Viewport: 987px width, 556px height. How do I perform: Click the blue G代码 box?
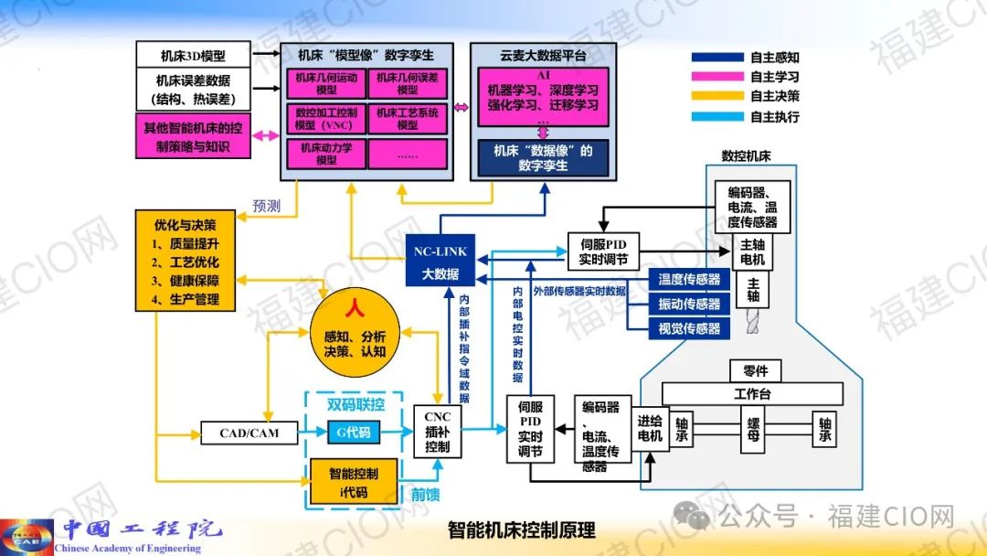tap(355, 432)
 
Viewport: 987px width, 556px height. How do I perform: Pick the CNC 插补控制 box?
tap(438, 432)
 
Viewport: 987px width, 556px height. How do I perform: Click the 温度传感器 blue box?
tap(689, 279)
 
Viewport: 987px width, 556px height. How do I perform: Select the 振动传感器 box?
tap(689, 304)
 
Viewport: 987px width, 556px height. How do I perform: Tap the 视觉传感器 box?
tap(689, 328)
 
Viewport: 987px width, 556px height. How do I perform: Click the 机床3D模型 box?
tap(193, 54)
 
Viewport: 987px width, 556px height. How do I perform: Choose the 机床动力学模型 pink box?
tap(326, 154)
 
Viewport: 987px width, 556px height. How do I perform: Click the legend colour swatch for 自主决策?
tap(716, 96)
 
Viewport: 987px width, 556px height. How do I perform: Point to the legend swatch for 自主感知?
tap(716, 57)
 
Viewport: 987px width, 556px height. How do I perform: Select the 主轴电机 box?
tap(753, 253)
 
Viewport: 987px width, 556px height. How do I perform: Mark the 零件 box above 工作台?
tap(755, 371)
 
